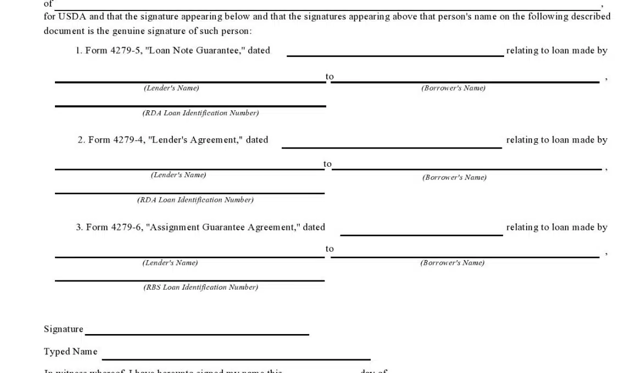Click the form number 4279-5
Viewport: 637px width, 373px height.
(x=126, y=50)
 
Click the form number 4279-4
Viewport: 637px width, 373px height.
(x=129, y=140)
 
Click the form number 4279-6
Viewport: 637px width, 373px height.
(x=127, y=227)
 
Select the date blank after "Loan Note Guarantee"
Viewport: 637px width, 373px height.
(x=395, y=52)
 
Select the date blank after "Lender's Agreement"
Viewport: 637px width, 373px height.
(x=392, y=143)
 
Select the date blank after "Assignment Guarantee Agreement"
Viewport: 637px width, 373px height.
(x=421, y=231)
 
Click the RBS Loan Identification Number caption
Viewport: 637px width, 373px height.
(x=200, y=287)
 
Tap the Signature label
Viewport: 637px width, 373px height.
(x=64, y=329)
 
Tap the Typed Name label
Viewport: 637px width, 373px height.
(x=71, y=352)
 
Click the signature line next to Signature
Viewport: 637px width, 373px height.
(x=197, y=330)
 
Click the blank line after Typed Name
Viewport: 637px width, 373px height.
(x=236, y=355)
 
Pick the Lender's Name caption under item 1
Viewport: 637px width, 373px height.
(x=171, y=88)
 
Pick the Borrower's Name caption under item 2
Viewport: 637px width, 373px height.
(x=454, y=177)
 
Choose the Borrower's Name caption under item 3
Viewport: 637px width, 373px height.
(x=452, y=263)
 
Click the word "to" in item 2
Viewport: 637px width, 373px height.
(x=328, y=163)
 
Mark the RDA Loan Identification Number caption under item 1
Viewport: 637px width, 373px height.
(x=200, y=113)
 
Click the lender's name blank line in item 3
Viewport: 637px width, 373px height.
(x=189, y=253)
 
